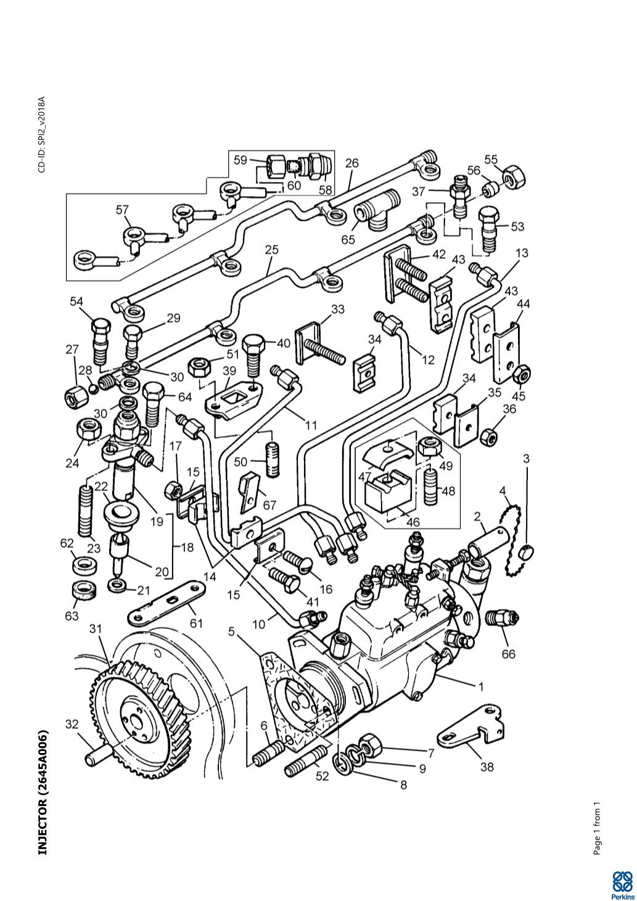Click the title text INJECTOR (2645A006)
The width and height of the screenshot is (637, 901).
43,792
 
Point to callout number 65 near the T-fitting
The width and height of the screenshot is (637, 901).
348,239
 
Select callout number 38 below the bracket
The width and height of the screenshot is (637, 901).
487,768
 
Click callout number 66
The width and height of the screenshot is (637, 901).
508,654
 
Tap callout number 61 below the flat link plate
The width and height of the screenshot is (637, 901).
196,623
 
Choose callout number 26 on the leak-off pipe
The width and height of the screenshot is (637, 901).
351,164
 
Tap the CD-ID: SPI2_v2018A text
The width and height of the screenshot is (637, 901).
42,134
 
